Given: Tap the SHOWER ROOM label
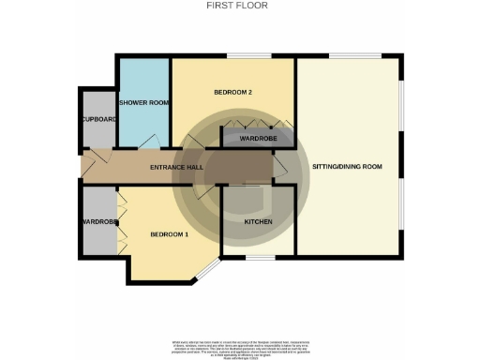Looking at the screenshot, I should (x=142, y=102).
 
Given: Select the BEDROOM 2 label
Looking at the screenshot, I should (x=233, y=92).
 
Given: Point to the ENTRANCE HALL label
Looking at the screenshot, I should (x=178, y=167).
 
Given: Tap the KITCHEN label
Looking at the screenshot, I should (x=258, y=221).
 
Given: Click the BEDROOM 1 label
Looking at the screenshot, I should (x=170, y=234).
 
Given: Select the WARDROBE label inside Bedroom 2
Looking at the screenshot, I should (x=257, y=139).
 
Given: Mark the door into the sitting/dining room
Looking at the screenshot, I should (x=282, y=168).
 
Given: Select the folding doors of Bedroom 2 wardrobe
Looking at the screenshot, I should (x=257, y=126).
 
